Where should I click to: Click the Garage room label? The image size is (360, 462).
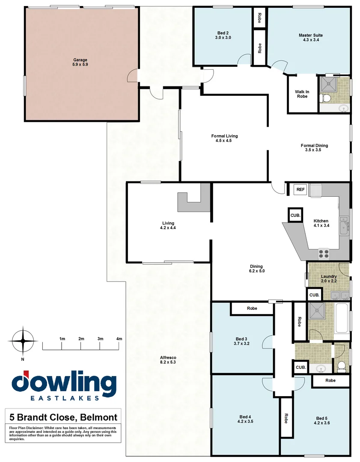tap(80, 62)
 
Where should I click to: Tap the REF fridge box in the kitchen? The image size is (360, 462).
tap(300, 189)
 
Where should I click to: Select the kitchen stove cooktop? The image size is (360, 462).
tap(324, 253)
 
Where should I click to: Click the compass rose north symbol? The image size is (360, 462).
tap(23, 341)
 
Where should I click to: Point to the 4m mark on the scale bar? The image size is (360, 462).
tap(119, 339)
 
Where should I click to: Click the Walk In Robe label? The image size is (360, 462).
tap(302, 94)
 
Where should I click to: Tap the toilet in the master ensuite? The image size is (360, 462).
tap(326, 98)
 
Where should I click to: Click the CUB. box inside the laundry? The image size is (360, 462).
tap(314, 295)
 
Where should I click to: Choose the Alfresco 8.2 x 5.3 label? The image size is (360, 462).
tap(168, 360)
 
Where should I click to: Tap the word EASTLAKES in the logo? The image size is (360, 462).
tap(64, 398)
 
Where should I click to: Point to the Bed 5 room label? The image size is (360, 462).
tap(323, 421)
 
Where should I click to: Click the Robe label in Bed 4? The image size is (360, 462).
tap(286, 418)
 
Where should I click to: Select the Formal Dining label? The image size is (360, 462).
tap(314, 148)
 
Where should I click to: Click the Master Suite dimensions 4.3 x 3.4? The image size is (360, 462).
tap(310, 40)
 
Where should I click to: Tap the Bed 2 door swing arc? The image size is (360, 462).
tap(244, 59)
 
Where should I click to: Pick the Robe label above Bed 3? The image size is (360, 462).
tap(252, 308)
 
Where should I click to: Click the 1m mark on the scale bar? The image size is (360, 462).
tap(62, 339)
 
